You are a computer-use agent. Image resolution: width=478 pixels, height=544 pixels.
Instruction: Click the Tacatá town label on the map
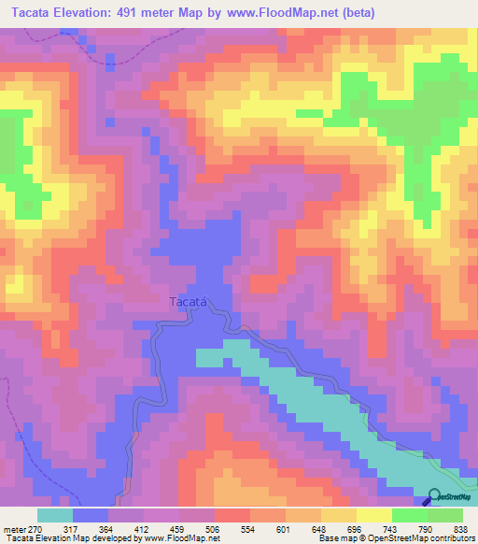pyautogui.click(x=187, y=301)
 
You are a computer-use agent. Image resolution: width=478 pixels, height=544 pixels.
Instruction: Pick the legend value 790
pyautogui.click(x=428, y=528)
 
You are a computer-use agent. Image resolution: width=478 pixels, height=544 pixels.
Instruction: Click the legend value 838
pyautogui.click(x=462, y=528)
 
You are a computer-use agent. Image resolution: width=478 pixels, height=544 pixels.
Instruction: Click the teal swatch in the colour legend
pyautogui.click(x=55, y=515)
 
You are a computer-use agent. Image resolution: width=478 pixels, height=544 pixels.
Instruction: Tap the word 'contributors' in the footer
pyautogui.click(x=447, y=538)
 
